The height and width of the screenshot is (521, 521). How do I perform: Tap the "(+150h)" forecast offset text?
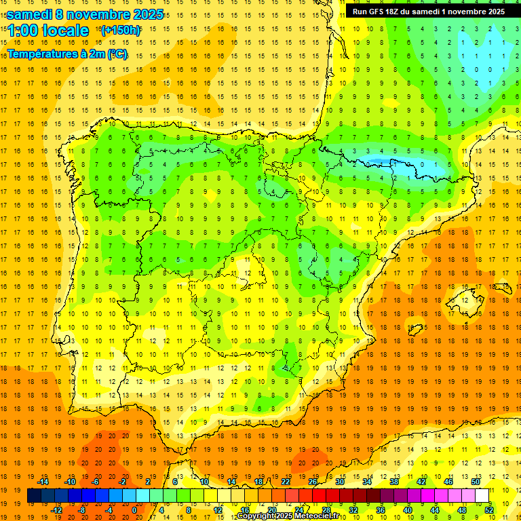(x=121, y=31)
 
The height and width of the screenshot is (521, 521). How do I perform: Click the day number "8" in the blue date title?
(x=61, y=14)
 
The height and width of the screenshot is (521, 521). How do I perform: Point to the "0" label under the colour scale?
(x=134, y=510)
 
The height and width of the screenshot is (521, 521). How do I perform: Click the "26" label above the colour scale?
(x=313, y=482)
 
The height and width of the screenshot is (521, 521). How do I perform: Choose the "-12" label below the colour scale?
(x=56, y=510)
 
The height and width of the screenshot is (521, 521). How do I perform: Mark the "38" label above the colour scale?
(x=394, y=482)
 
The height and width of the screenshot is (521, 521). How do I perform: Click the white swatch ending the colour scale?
(x=482, y=496)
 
